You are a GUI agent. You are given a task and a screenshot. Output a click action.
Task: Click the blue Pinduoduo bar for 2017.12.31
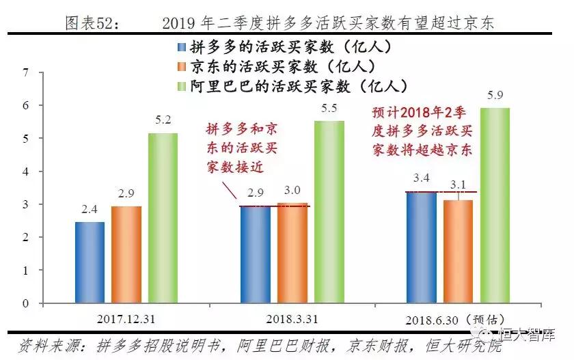point(90,262)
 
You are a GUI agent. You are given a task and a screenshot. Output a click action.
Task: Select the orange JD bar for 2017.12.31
point(126,254)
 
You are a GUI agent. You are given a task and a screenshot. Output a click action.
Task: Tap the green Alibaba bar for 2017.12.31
point(163,217)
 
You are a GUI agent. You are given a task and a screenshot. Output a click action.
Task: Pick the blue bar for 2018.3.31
point(256,254)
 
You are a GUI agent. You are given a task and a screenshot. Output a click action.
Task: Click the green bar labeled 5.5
point(329,212)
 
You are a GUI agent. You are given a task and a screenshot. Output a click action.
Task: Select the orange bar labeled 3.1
point(458,251)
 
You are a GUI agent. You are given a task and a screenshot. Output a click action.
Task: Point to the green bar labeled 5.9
point(495,205)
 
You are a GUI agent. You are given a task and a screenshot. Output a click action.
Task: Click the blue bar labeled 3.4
point(421,247)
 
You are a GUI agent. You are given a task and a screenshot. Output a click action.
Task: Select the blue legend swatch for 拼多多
point(181,48)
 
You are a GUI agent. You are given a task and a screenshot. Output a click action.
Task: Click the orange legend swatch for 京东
point(181,67)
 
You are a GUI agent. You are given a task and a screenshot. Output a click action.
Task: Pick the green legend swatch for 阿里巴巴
point(181,86)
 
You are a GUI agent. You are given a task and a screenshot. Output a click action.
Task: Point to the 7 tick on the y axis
point(25,72)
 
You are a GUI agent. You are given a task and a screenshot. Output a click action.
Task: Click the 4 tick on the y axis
point(25,171)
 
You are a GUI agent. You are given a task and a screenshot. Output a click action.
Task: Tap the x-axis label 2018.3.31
point(292,319)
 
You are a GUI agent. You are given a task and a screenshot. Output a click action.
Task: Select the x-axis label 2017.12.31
point(126,319)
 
